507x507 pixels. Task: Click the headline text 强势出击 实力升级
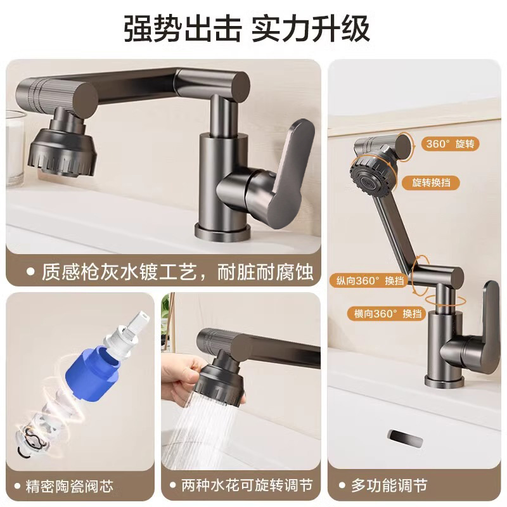pyautogui.click(x=247, y=29)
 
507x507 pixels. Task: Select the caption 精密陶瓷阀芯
pyautogui.click(x=70, y=486)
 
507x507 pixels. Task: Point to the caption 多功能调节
pyautogui.click(x=389, y=486)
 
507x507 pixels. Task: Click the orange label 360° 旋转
pyautogui.click(x=449, y=144)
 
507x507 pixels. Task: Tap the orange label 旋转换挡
pyautogui.click(x=435, y=183)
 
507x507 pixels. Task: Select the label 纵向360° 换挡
pyautogui.click(x=367, y=279)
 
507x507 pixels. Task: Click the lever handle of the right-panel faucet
pyautogui.click(x=488, y=323)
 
